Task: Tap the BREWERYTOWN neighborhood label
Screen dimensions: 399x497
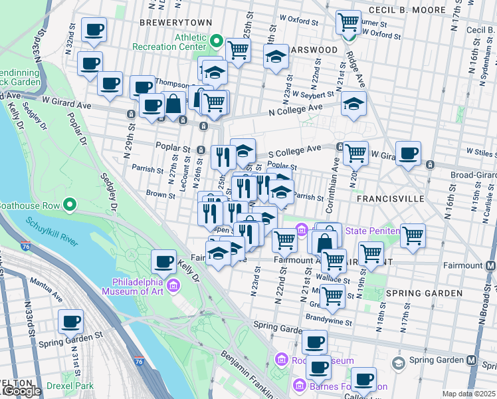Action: click(x=176, y=23)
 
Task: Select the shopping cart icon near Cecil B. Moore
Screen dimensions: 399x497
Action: click(x=348, y=22)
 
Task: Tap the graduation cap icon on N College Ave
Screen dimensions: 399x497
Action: click(x=353, y=104)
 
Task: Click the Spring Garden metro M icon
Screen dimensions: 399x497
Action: click(x=471, y=360)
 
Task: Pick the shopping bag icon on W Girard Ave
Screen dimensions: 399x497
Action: click(x=174, y=104)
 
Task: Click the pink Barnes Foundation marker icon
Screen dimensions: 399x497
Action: click(x=299, y=386)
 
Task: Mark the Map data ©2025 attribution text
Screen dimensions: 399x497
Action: click(x=468, y=394)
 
